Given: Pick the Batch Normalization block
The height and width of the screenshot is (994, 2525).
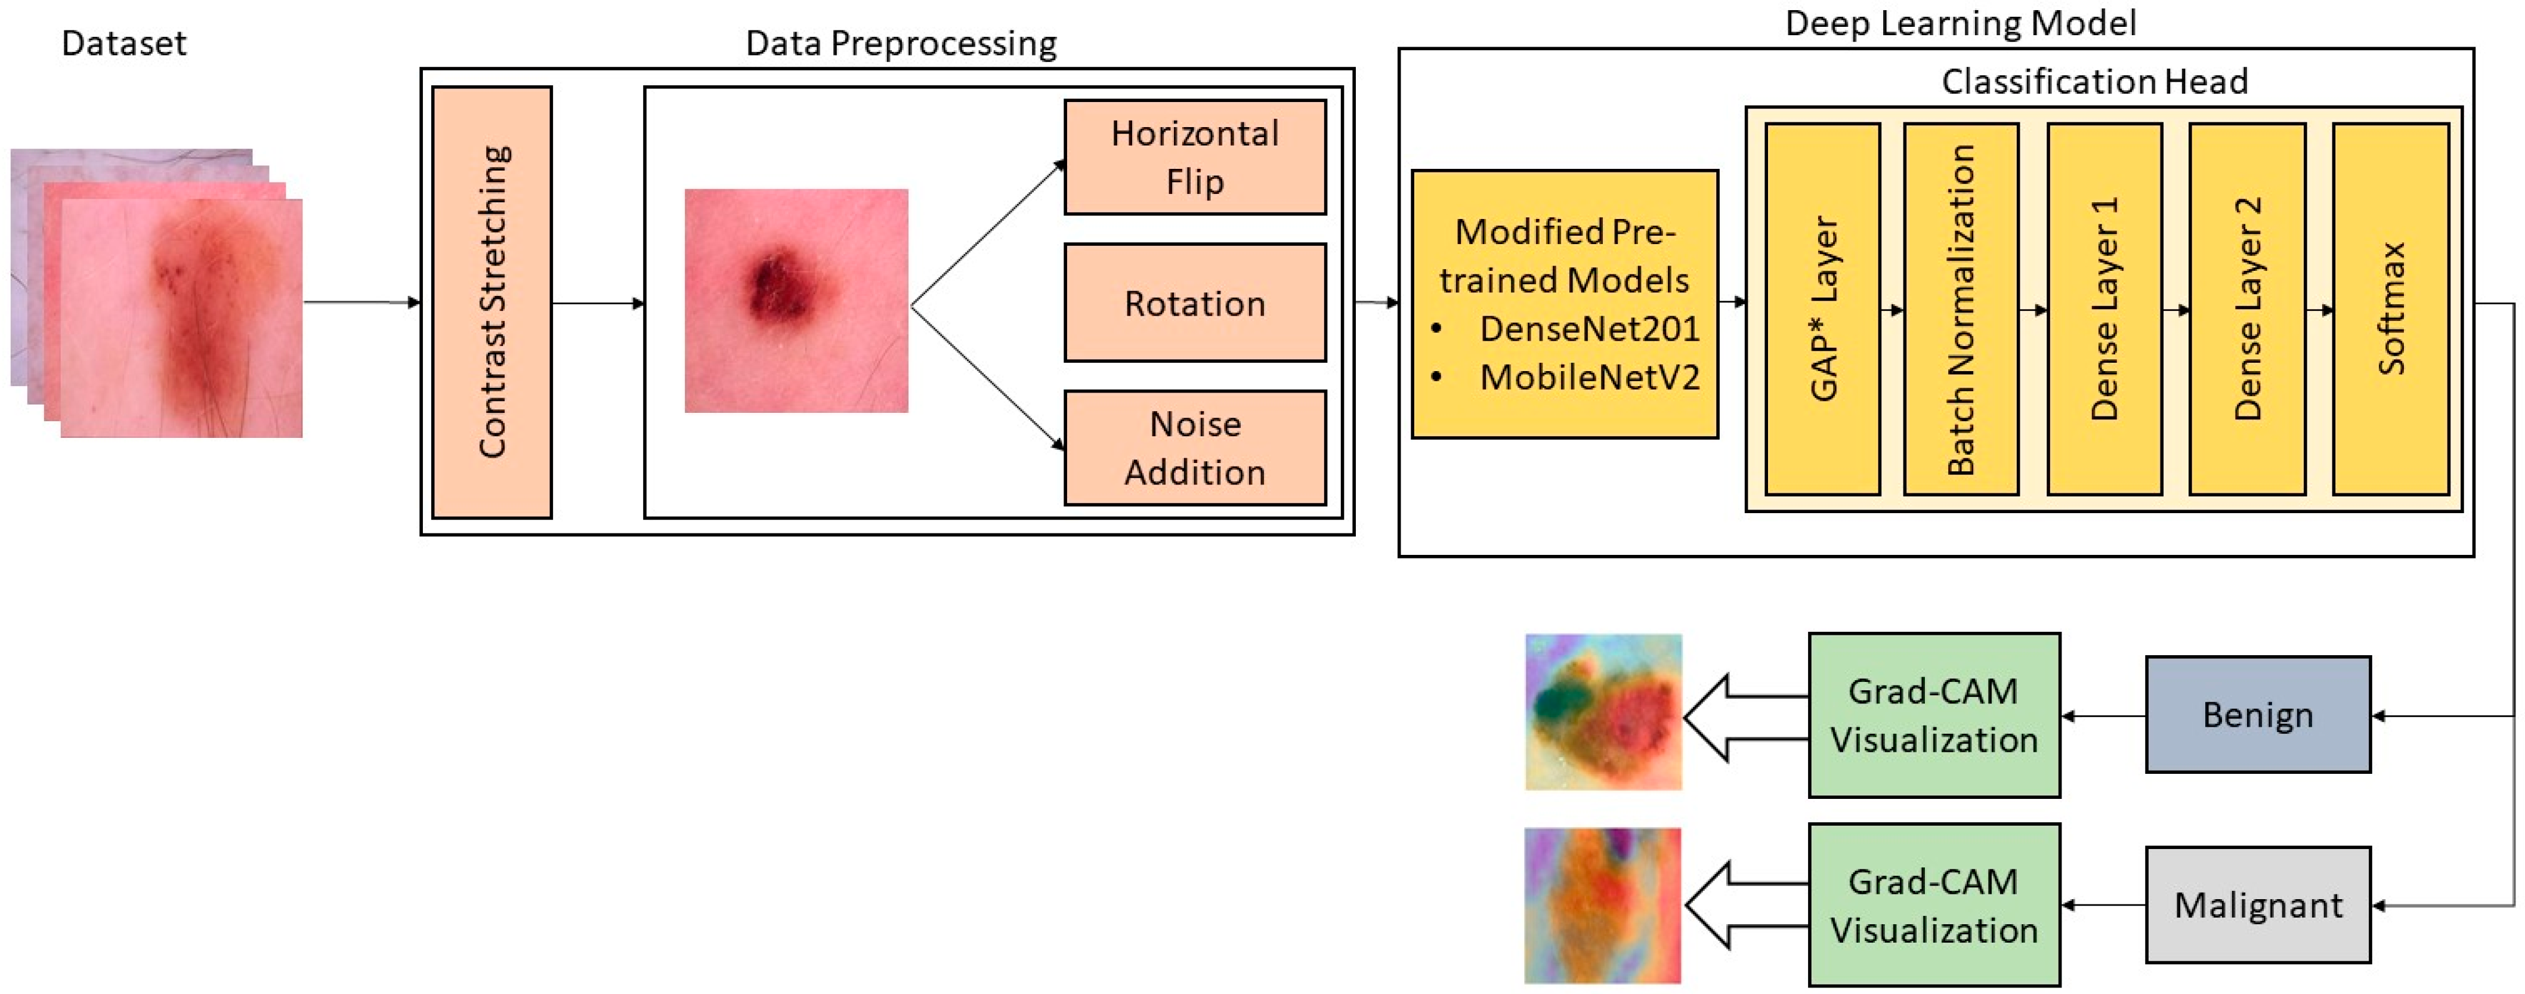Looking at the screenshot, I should [x=1960, y=309].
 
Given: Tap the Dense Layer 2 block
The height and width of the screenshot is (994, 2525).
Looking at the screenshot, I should [x=2246, y=309].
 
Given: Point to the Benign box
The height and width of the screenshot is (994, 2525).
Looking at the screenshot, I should [x=2257, y=715].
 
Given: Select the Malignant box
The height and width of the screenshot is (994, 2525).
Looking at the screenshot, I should [x=2257, y=905].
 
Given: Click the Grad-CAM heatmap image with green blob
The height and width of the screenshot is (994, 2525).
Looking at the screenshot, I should [x=1603, y=712].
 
